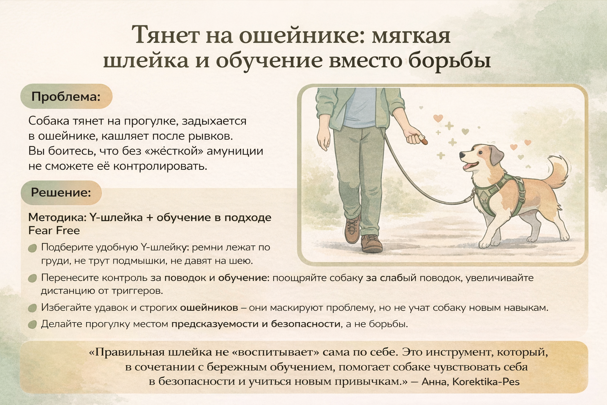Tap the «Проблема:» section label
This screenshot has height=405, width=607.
coord(66,97)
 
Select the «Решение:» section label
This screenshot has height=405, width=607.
coord(61,193)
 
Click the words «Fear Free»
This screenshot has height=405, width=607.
coord(54,231)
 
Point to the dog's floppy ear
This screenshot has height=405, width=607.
coord(496,156)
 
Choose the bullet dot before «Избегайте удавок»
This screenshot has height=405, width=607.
coord(32,308)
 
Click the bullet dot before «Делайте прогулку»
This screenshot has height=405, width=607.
coord(32,324)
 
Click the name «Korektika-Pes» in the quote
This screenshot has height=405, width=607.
coord(486,382)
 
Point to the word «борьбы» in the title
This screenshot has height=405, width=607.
coord(450,61)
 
